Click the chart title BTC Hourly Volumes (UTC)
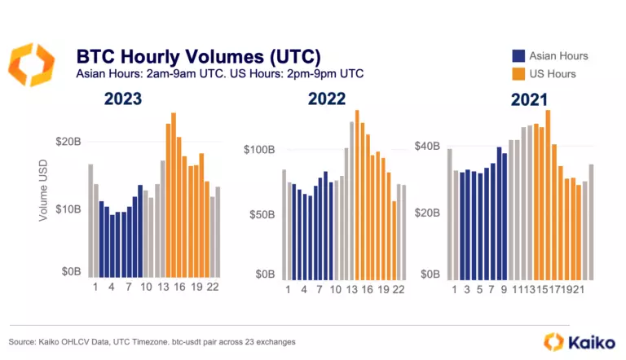tap(198, 56)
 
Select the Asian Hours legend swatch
tap(518, 56)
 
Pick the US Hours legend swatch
tap(518, 74)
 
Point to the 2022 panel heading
tap(326, 99)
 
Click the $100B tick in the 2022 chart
tap(262, 150)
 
